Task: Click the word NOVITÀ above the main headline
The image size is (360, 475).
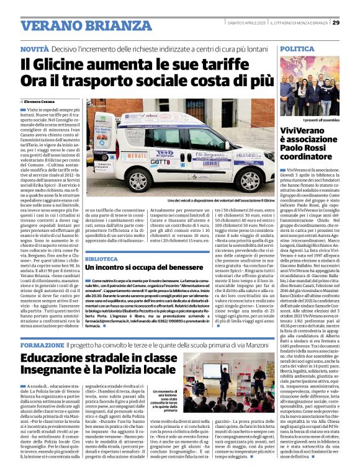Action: point(34,48)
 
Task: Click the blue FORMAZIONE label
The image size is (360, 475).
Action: point(42,344)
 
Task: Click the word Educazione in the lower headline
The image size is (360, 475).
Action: point(61,358)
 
